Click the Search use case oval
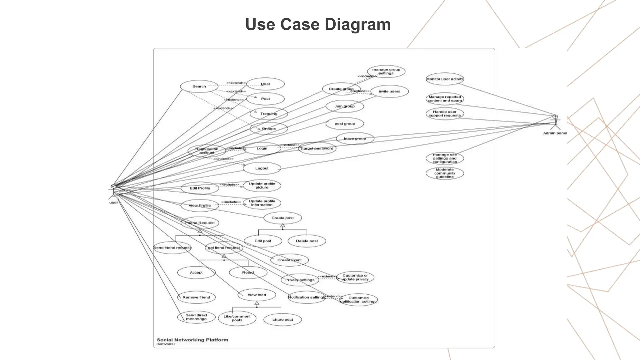pos(199,87)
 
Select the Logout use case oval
pos(262,168)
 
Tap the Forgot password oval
pos(317,148)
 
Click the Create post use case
pos(282,218)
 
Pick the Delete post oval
pos(307,241)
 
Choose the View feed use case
pos(257,295)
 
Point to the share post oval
pos(282,319)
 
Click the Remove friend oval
pos(196,297)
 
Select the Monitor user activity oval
pos(445,79)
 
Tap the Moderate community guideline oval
pos(445,173)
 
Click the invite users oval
pos(389,92)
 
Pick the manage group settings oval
pos(386,72)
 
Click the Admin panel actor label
pos(555,133)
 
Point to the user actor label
pos(113,202)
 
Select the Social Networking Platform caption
pos(192,340)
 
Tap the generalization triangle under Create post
pos(282,226)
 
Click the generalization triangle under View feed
pos(257,303)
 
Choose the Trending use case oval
pos(269,114)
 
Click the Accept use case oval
pos(196,272)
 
